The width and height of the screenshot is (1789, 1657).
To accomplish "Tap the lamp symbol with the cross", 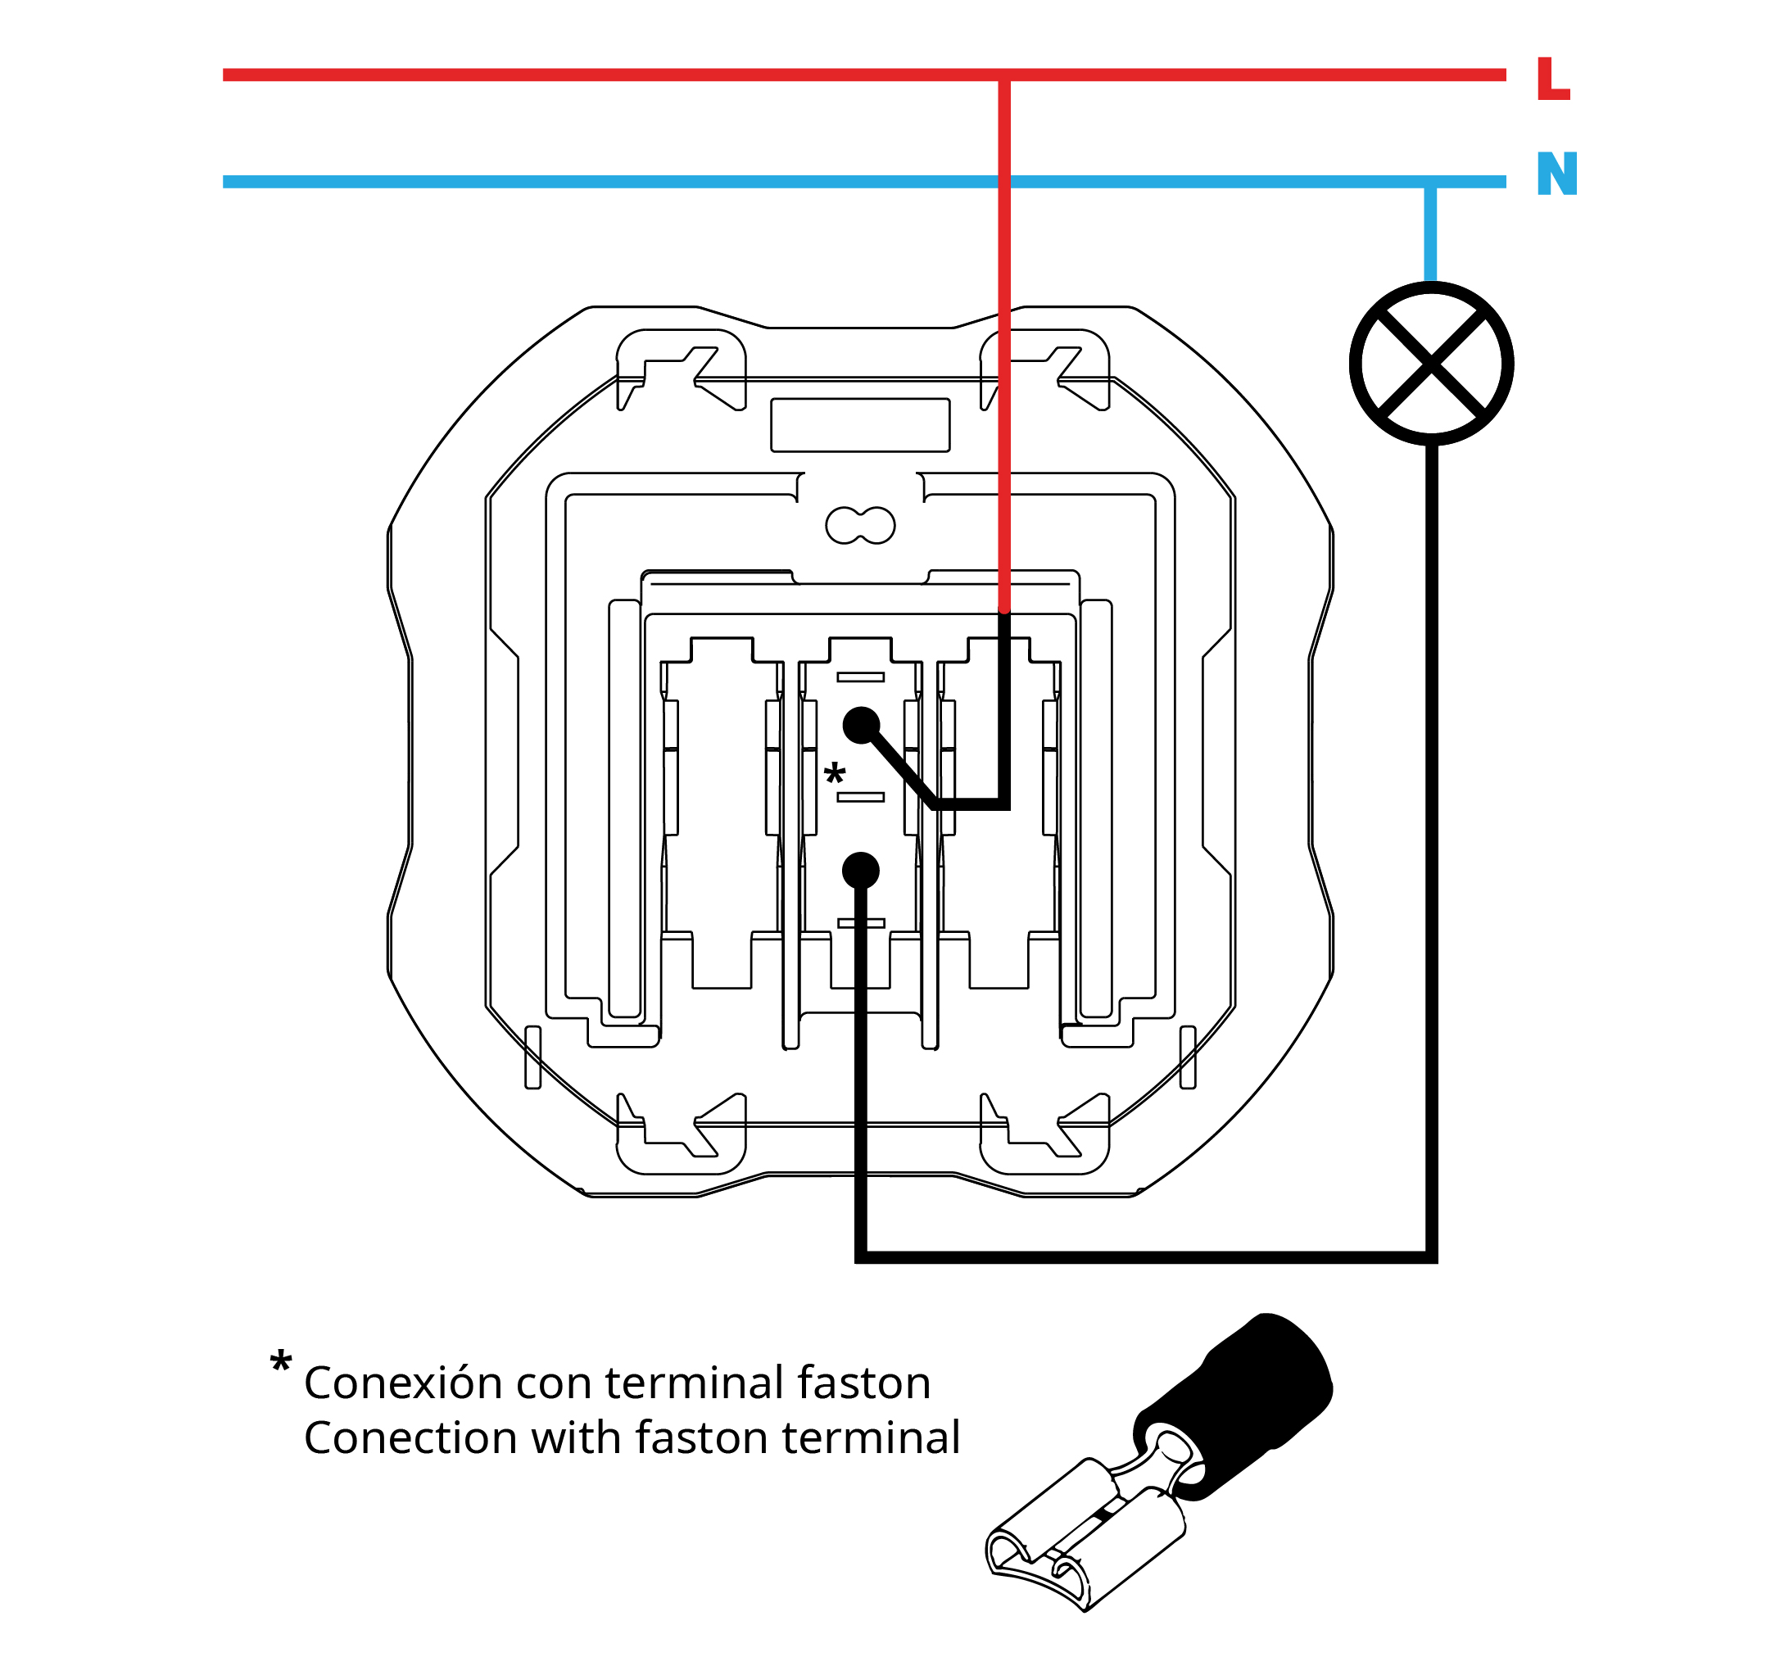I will (x=1430, y=363).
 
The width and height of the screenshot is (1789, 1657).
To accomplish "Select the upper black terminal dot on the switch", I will (x=861, y=725).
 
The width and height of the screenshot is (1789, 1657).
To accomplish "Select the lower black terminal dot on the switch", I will (x=861, y=870).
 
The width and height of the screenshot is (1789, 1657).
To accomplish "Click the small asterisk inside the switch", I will (x=834, y=773).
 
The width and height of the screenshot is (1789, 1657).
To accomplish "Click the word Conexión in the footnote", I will (x=403, y=1383).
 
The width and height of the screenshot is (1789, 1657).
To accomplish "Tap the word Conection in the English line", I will (x=410, y=1438).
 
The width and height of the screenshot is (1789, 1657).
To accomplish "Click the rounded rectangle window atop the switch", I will (x=860, y=424).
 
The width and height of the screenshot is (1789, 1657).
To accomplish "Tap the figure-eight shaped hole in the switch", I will (x=860, y=524).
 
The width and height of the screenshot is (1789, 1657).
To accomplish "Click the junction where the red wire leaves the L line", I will (x=1004, y=75).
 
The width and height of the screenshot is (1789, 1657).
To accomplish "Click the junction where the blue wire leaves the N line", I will (x=1430, y=182).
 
